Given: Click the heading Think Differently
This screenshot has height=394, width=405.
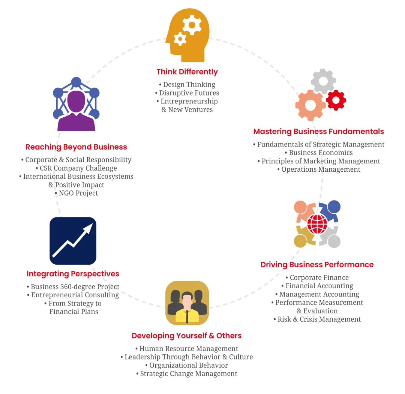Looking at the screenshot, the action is pyautogui.click(x=187, y=72).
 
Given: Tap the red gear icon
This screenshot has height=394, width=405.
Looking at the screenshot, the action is pyautogui.click(x=336, y=100).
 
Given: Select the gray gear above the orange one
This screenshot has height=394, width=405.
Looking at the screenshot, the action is pyautogui.click(x=323, y=81).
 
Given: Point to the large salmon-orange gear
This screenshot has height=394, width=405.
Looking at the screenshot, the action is pyautogui.click(x=310, y=105).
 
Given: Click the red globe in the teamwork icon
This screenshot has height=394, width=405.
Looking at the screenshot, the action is pyautogui.click(x=317, y=224).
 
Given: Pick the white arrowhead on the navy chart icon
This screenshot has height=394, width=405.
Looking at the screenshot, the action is pyautogui.click(x=88, y=228).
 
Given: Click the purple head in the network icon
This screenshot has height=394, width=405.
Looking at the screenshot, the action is pyautogui.click(x=76, y=101).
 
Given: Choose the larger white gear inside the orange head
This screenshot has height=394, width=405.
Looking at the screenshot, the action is pyautogui.click(x=192, y=25).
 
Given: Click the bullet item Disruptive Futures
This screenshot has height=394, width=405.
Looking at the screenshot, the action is pyautogui.click(x=187, y=93).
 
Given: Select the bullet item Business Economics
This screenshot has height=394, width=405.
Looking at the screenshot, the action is pyautogui.click(x=319, y=153).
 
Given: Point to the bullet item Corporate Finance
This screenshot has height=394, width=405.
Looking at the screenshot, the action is pyautogui.click(x=317, y=277).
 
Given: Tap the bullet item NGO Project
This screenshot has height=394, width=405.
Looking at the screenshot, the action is pyautogui.click(x=76, y=193).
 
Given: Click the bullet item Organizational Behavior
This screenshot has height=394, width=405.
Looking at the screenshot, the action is pyautogui.click(x=186, y=366).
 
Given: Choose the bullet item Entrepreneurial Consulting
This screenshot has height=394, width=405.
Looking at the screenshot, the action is pyautogui.click(x=73, y=295).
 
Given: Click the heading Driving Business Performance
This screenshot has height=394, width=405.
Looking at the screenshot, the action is pyautogui.click(x=317, y=265).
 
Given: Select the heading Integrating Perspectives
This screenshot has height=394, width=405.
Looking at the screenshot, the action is pyautogui.click(x=73, y=274).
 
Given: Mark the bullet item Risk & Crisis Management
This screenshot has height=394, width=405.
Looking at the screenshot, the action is pyautogui.click(x=317, y=319).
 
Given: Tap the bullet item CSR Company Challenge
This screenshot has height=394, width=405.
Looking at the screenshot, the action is pyautogui.click(x=76, y=168).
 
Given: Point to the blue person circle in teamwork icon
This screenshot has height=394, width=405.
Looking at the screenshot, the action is pyautogui.click(x=334, y=207).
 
